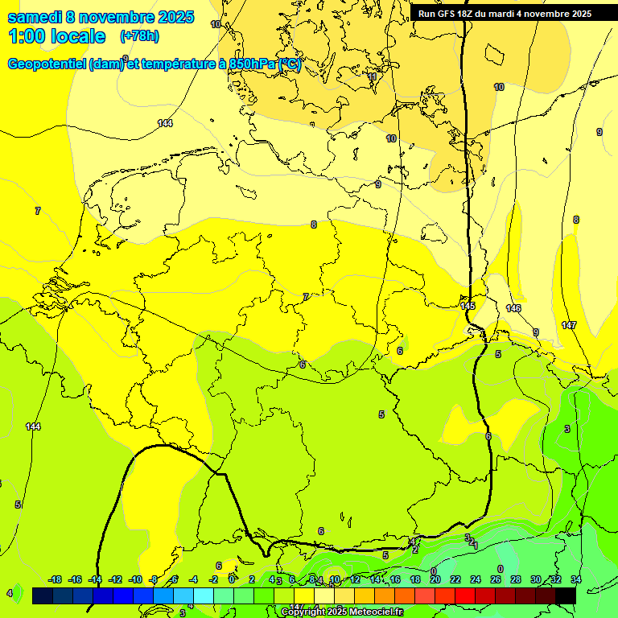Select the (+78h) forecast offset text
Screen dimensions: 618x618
tap(139, 36)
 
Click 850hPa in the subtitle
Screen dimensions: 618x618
tap(247, 64)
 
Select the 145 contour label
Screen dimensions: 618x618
tap(468, 306)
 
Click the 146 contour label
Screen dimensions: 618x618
tap(513, 308)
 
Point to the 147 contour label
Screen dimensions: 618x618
tap(569, 325)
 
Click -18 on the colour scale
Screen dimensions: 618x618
tap(55, 579)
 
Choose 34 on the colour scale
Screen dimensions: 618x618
tap(575, 579)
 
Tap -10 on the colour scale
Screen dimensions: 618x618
tap(135, 579)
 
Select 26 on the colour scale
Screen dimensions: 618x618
tap(495, 579)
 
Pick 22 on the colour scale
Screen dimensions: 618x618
tap(455, 579)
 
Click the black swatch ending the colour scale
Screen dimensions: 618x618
tap(566, 595)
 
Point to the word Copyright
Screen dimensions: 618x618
tap(304, 612)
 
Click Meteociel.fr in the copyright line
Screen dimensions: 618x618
tap(375, 612)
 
